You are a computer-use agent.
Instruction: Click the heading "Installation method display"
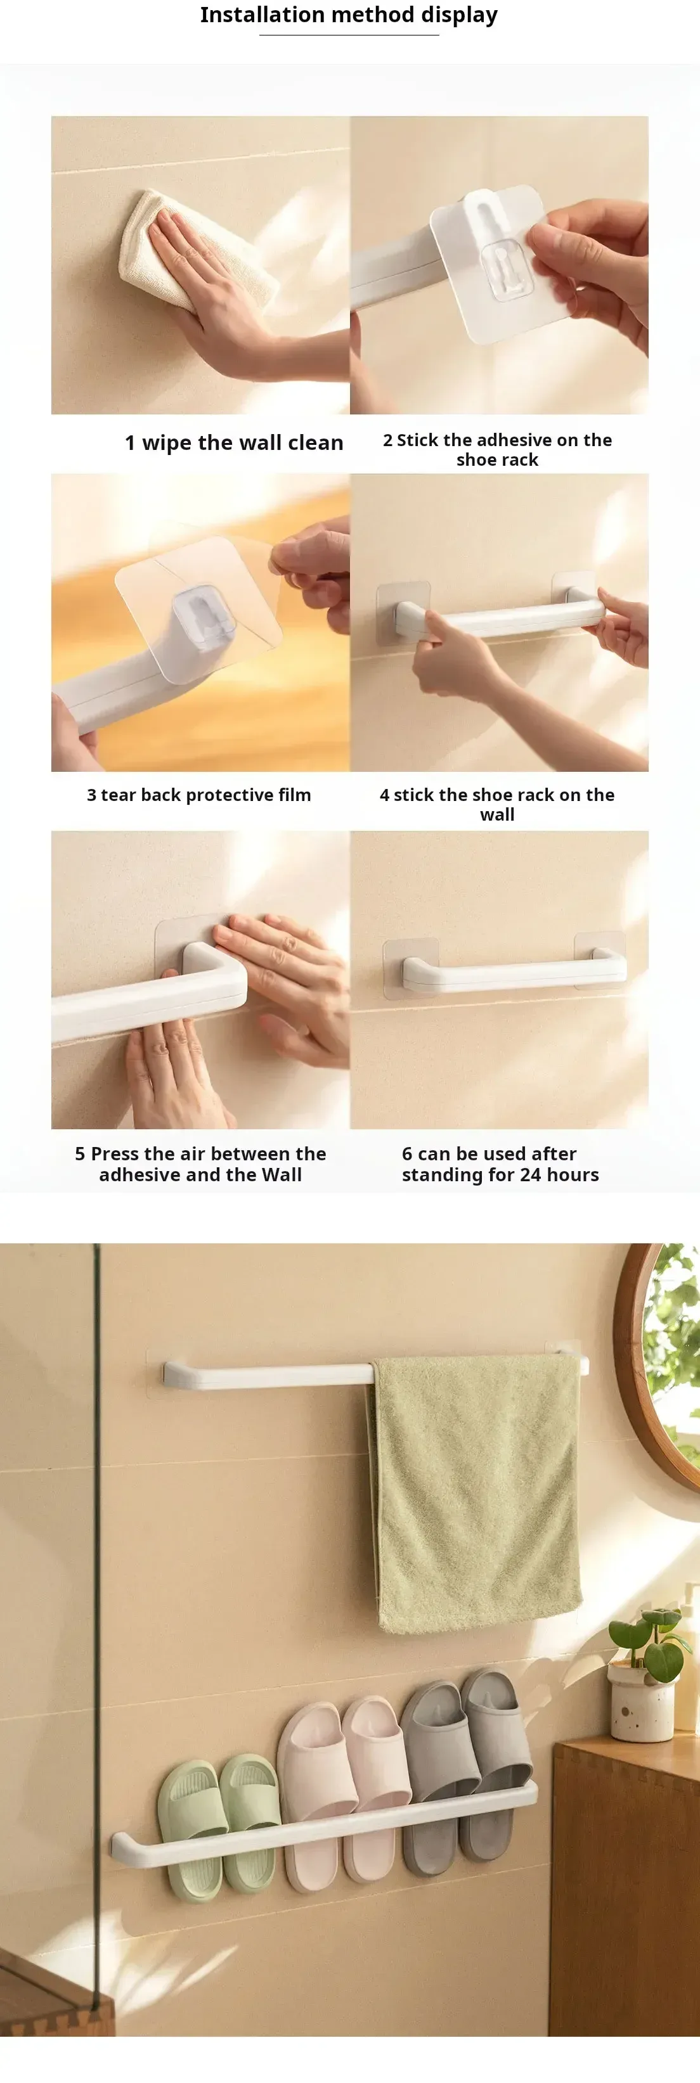pos(349,15)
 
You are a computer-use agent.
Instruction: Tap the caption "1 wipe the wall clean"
pos(234,442)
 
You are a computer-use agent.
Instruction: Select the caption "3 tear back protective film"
pos(199,795)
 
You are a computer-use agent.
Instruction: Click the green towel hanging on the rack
pos(476,1492)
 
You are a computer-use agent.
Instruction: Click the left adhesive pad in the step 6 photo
pos(410,968)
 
